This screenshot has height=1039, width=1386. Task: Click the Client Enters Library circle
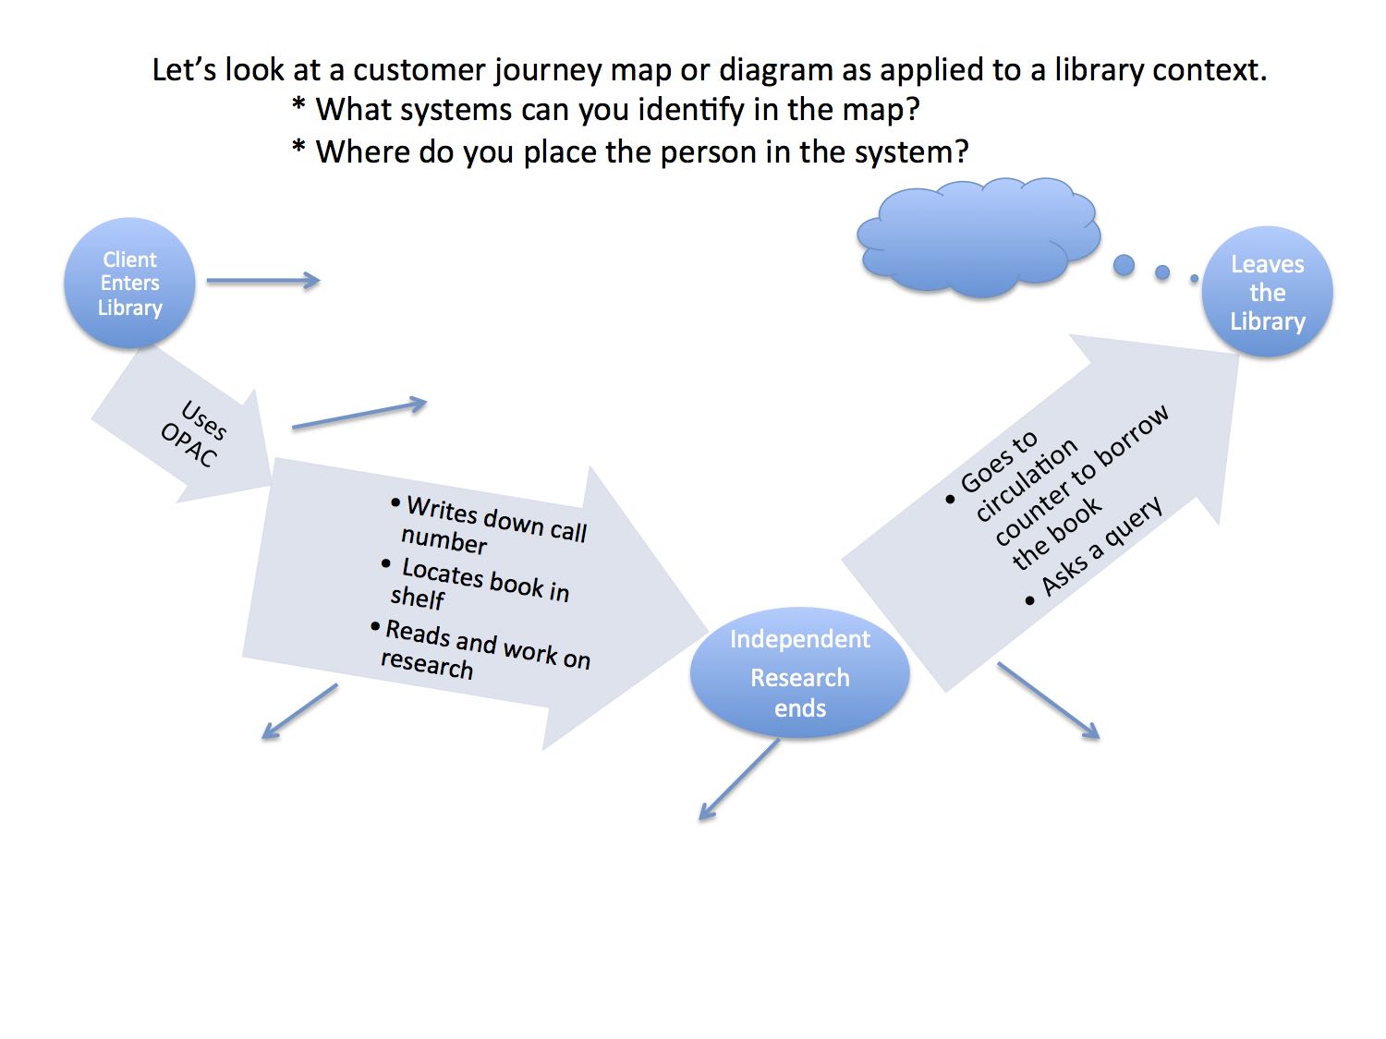pyautogui.click(x=129, y=283)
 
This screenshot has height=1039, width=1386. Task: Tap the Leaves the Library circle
pyautogui.click(x=1267, y=292)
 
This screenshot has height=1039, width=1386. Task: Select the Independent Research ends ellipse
pyautogui.click(x=799, y=672)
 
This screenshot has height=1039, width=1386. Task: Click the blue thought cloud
pyautogui.click(x=979, y=238)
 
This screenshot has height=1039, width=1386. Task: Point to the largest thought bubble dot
pyautogui.click(x=1124, y=265)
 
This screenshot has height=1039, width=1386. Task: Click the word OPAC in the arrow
pyautogui.click(x=188, y=445)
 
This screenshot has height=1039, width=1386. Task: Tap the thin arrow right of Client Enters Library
pyautogui.click(x=262, y=281)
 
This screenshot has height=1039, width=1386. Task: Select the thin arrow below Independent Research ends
pyautogui.click(x=738, y=779)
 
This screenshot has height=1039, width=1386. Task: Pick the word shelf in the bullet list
pyautogui.click(x=418, y=598)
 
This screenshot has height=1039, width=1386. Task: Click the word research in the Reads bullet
pyautogui.click(x=427, y=663)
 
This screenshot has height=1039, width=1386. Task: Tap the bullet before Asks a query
pyautogui.click(x=1030, y=601)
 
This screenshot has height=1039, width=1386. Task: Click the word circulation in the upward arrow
pyautogui.click(x=1027, y=480)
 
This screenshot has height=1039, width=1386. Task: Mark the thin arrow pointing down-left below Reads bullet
pyautogui.click(x=299, y=711)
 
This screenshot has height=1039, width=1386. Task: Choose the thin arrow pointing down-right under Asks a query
pyautogui.click(x=1049, y=701)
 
